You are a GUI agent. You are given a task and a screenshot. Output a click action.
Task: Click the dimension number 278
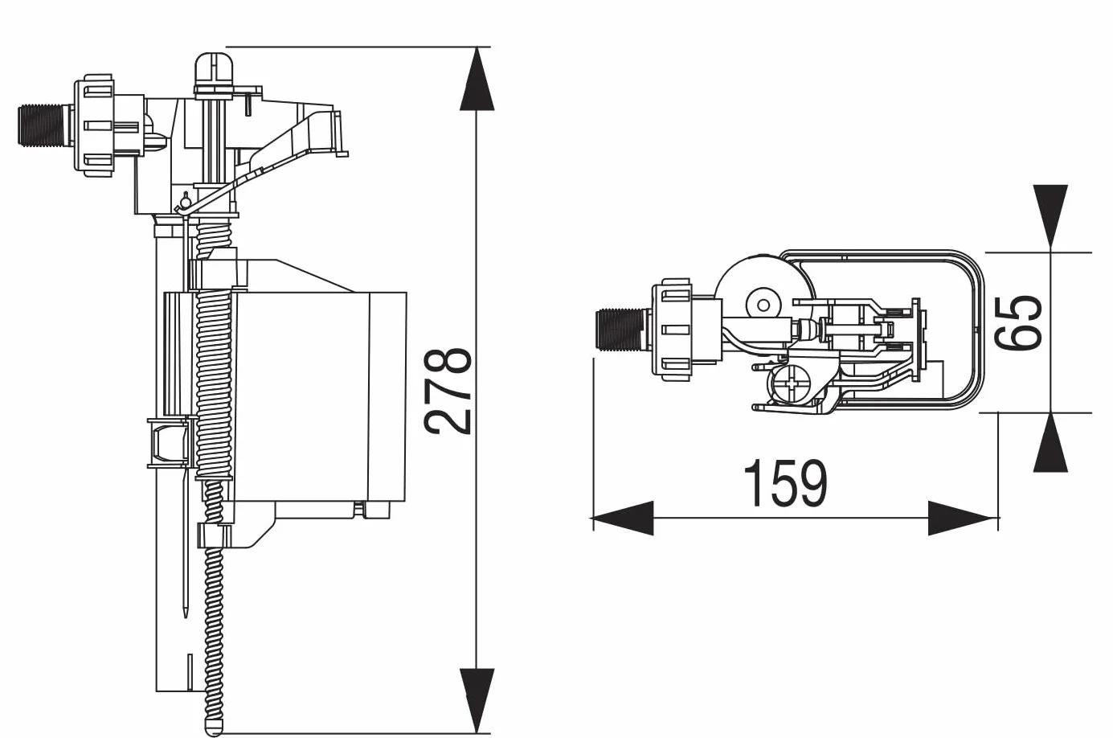[x=448, y=392]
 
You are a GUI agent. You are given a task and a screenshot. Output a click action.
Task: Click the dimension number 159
[x=785, y=483]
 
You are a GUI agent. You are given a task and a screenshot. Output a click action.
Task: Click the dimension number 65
[x=1017, y=323]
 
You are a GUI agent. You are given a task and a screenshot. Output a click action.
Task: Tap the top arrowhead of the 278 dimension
[x=477, y=79]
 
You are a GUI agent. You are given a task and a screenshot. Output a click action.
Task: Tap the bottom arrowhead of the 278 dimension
[x=477, y=700]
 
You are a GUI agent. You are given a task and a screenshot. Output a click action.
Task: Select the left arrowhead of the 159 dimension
[x=623, y=519]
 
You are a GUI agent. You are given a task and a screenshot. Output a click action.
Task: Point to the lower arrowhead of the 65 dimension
[x=1051, y=442]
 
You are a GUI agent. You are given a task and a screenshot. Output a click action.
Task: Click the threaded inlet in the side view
[x=43, y=125]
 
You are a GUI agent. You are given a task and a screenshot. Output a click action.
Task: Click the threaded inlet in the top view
[x=620, y=330]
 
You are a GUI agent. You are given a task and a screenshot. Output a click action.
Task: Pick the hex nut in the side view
[x=94, y=125]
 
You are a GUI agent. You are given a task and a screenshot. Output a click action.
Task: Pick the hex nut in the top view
[x=672, y=330]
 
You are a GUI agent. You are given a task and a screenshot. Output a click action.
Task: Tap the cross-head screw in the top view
[x=789, y=383]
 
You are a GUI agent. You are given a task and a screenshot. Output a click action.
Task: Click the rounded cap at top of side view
[x=215, y=70]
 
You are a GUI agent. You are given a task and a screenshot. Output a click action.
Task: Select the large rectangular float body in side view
[x=320, y=396]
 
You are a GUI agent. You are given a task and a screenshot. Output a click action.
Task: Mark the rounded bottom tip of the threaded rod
[x=214, y=728]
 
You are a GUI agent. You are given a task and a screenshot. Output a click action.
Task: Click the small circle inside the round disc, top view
[x=764, y=304]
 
